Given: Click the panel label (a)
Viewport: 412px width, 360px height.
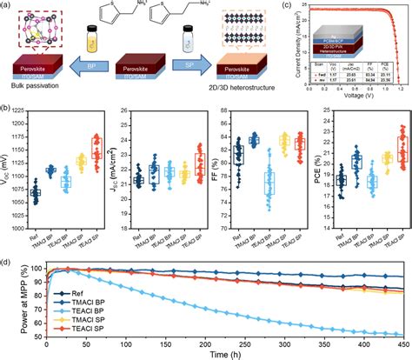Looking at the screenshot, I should (7, 6).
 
